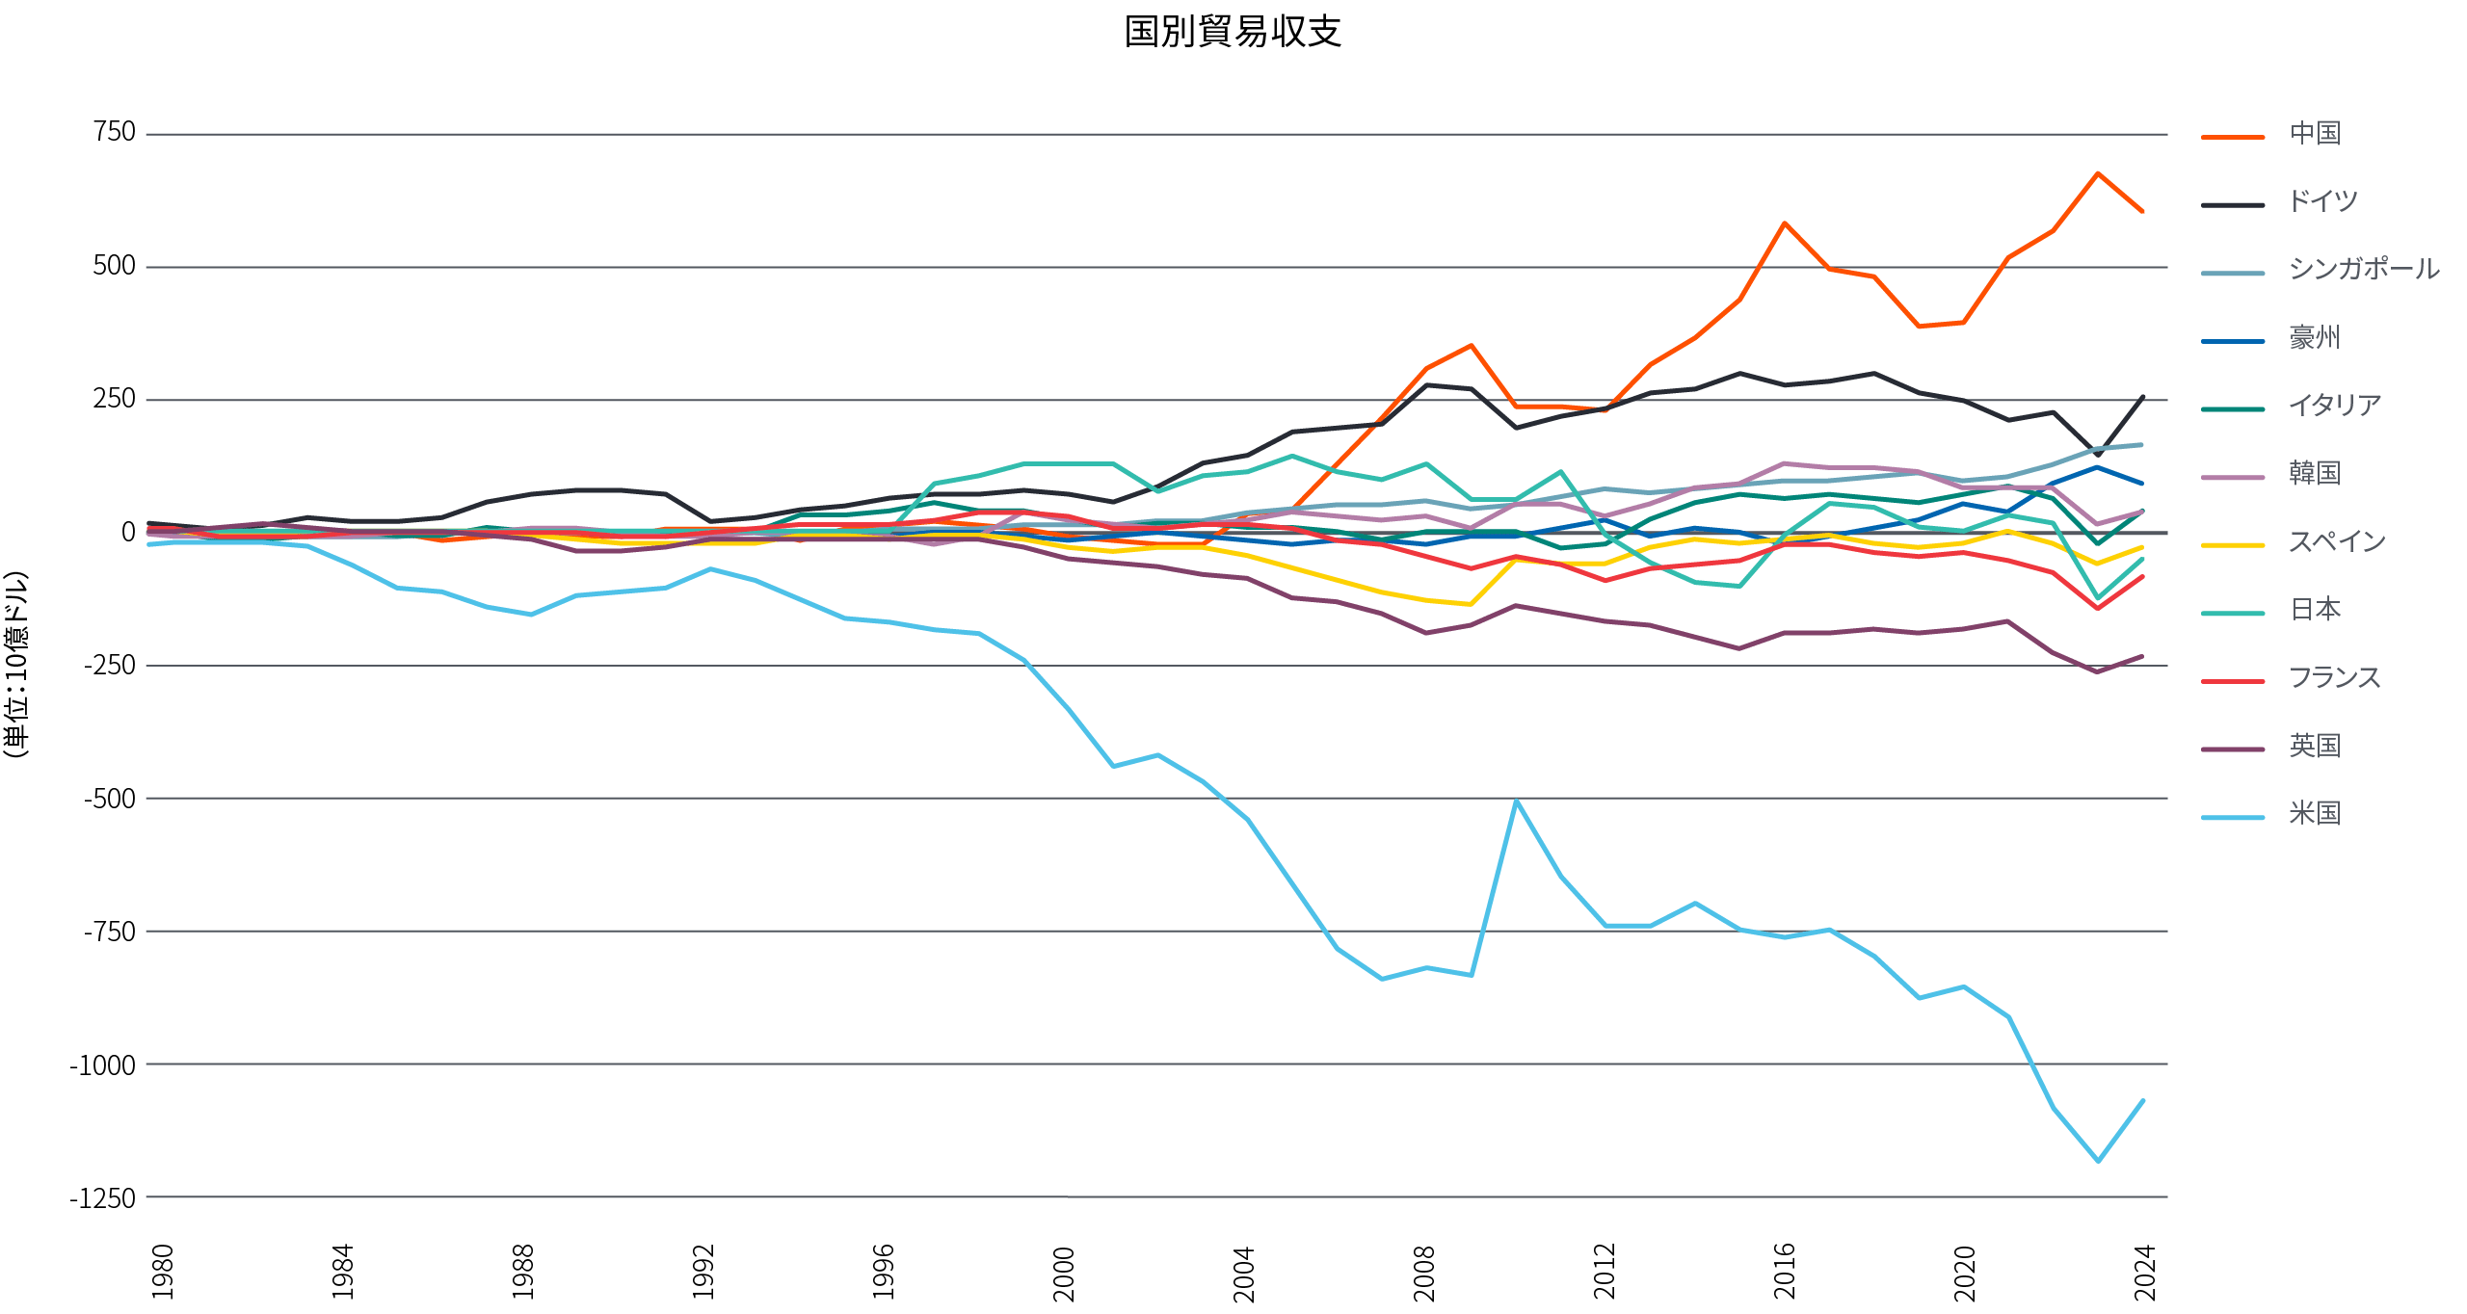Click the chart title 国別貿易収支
coord(1233,32)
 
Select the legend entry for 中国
coord(2315,133)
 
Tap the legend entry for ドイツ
coord(2322,201)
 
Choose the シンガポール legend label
coord(2363,269)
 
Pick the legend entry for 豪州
coord(2315,337)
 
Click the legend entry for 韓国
coord(2315,473)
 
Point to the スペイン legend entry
coord(2336,541)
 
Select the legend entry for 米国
coord(2315,813)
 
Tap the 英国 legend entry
coord(2315,746)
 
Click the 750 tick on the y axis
coord(114,132)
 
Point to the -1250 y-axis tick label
coord(103,1197)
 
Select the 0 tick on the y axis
coord(128,532)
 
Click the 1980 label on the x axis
coord(163,1272)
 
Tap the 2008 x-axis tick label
coord(1423,1272)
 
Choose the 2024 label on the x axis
coord(2144,1272)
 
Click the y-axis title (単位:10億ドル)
coord(16,665)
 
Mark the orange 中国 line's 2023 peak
coord(2098,173)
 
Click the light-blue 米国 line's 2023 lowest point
coord(2098,1161)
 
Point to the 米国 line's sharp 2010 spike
coord(1515,801)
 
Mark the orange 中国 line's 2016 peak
coord(1784,223)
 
